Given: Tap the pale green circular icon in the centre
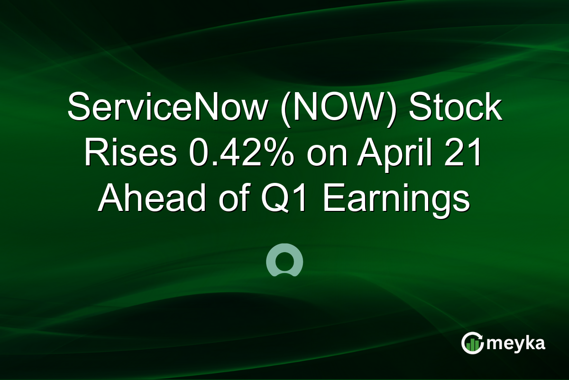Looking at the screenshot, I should pos(284,260).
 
